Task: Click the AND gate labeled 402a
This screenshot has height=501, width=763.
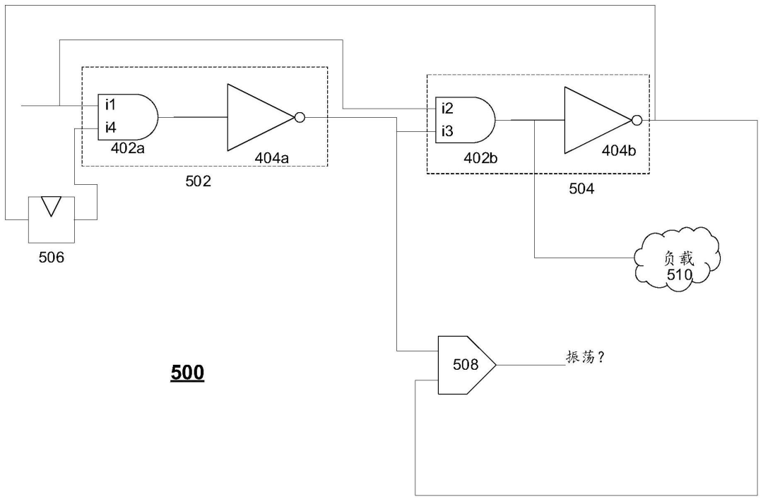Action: pos(128,117)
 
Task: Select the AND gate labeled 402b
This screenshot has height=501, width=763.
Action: pos(465,120)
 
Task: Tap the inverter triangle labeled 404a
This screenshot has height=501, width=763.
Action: pos(261,118)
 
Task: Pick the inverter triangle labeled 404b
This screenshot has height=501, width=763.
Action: pos(598,120)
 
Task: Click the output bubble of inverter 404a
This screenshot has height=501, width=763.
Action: pos(300,118)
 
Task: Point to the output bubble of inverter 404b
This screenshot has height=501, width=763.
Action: pos(637,120)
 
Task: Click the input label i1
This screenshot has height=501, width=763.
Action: pos(110,104)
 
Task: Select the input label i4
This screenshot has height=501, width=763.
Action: pos(110,128)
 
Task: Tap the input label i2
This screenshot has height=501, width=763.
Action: pos(448,108)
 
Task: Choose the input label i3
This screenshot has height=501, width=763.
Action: pos(448,131)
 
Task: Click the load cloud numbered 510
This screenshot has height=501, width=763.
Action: pos(678,259)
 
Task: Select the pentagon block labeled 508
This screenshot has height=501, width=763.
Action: pos(467,365)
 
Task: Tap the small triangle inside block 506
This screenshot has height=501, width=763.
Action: pos(51,205)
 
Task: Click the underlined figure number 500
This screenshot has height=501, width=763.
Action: pos(187,373)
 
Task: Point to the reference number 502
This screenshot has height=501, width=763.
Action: pos(198,181)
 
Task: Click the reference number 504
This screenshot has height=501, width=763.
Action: pos(581,188)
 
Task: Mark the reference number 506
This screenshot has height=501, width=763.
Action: pos(52,257)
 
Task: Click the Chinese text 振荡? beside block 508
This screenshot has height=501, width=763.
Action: pos(586,357)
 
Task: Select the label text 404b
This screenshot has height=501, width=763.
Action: pos(618,150)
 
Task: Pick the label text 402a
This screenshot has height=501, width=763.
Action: pos(127,148)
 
